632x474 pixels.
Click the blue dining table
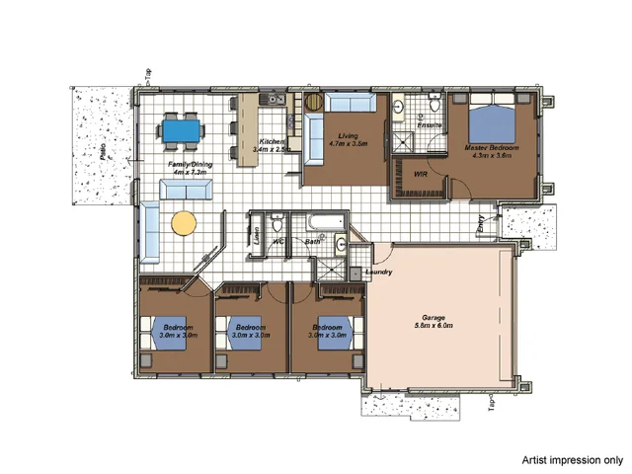pos(182,128)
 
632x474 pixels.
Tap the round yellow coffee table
pos(185,223)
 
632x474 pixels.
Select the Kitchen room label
pos(273,143)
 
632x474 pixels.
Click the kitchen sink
pos(272,100)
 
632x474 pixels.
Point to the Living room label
pos(348,137)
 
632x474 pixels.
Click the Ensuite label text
pos(430,125)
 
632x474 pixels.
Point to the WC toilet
pos(278,221)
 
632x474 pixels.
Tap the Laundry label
pos(379,272)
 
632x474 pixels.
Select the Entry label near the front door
pos(481,224)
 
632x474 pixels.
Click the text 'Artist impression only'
pos(573,459)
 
